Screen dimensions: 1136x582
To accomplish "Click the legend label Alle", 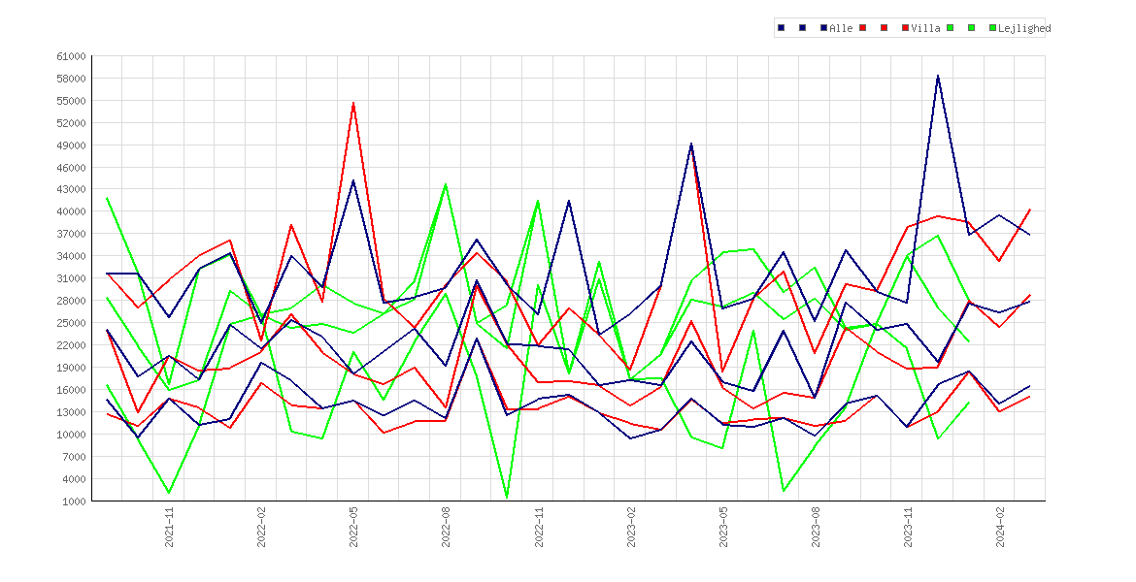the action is coord(841,28).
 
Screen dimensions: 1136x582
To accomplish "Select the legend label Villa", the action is coord(926,28).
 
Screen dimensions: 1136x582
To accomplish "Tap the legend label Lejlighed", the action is coord(1023,28).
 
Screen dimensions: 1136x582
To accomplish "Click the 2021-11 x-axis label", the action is coord(170,527).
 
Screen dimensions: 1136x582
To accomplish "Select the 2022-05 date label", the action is coord(354,527).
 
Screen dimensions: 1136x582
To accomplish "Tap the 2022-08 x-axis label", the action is coord(447,527).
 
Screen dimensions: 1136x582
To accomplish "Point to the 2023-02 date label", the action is coord(631,527).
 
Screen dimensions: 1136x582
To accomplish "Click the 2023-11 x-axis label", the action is coord(909,527).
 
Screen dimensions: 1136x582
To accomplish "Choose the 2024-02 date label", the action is coord(1000,527).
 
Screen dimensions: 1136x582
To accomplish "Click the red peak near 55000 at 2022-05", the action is coord(353,103).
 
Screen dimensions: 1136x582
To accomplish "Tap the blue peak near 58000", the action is coord(938,76).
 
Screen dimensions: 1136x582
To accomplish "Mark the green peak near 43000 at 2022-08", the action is coord(446,184).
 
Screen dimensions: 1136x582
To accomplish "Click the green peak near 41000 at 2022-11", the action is coord(538,201).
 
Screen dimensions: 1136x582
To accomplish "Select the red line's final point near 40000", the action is coord(1029,210).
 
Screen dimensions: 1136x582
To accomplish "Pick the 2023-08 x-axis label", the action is coord(816,527).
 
